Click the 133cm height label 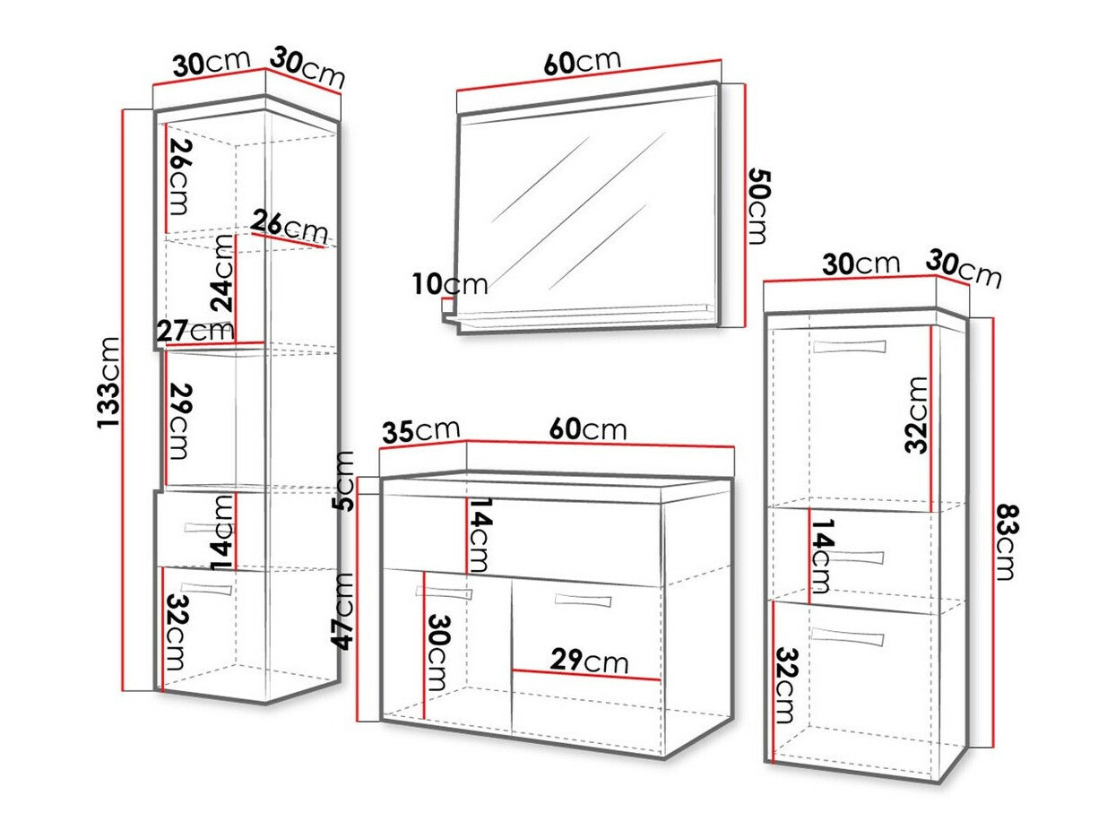coord(109,381)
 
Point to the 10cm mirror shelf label coord(451,285)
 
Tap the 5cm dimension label coord(343,480)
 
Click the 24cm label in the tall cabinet coord(223,284)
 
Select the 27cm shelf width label coord(195,331)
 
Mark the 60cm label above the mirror coord(582,62)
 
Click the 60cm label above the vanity coord(588,429)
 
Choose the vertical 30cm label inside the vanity coord(438,652)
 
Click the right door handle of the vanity coord(581,599)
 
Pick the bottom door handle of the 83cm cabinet coord(847,636)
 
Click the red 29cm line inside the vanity coord(585,674)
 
